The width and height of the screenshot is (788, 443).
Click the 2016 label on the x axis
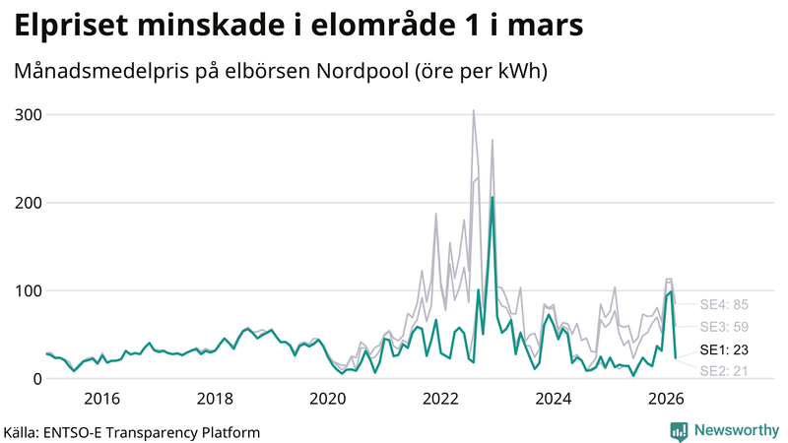pos(101,399)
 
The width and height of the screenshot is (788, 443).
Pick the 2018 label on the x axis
pos(215,399)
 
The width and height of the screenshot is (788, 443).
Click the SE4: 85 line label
pos(724,304)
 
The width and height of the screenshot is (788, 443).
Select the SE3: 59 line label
pos(724,327)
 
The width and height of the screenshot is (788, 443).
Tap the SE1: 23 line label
pos(724,349)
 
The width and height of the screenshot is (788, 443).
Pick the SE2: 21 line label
pos(724,371)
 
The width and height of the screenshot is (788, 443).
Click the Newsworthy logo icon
pos(679,431)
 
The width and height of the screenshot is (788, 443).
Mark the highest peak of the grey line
pos(474,110)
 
